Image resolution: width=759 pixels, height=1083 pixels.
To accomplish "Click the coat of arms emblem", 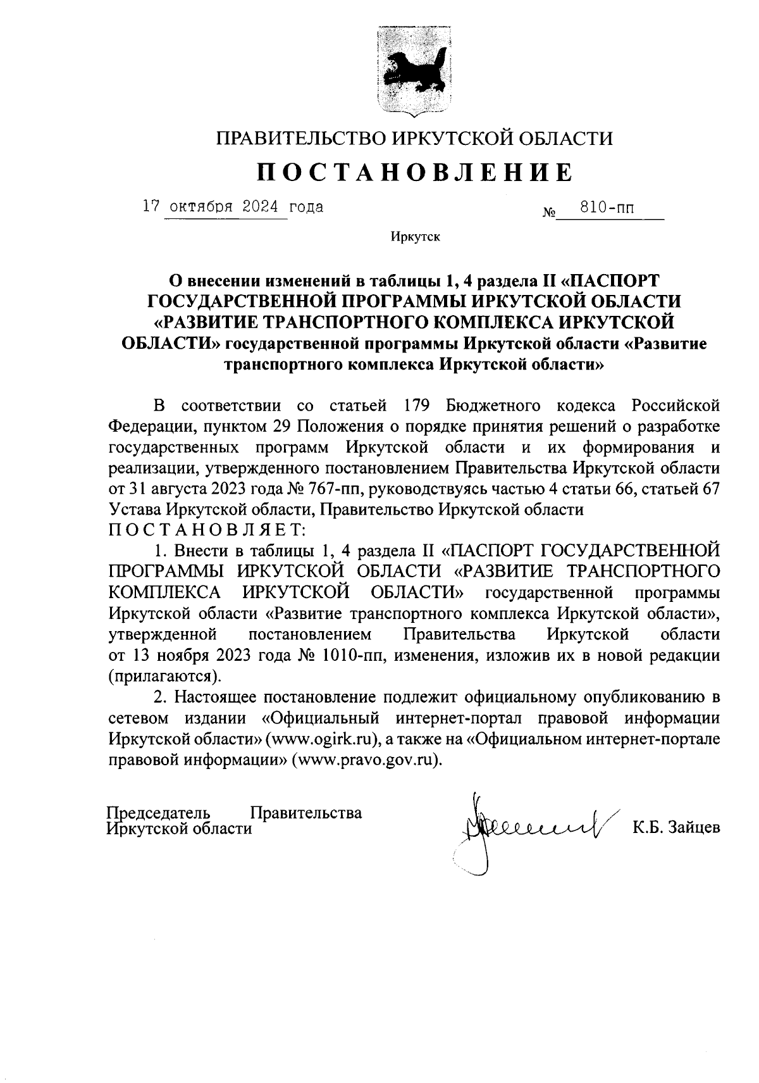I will click(x=414, y=70).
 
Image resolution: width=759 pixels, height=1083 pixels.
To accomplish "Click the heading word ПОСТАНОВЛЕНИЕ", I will click(x=415, y=172).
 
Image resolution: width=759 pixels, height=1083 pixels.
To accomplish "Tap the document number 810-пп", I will click(x=608, y=208).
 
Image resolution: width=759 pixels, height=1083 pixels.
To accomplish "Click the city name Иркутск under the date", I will click(x=415, y=237).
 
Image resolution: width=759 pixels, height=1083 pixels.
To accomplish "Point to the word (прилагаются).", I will click(x=165, y=676).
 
